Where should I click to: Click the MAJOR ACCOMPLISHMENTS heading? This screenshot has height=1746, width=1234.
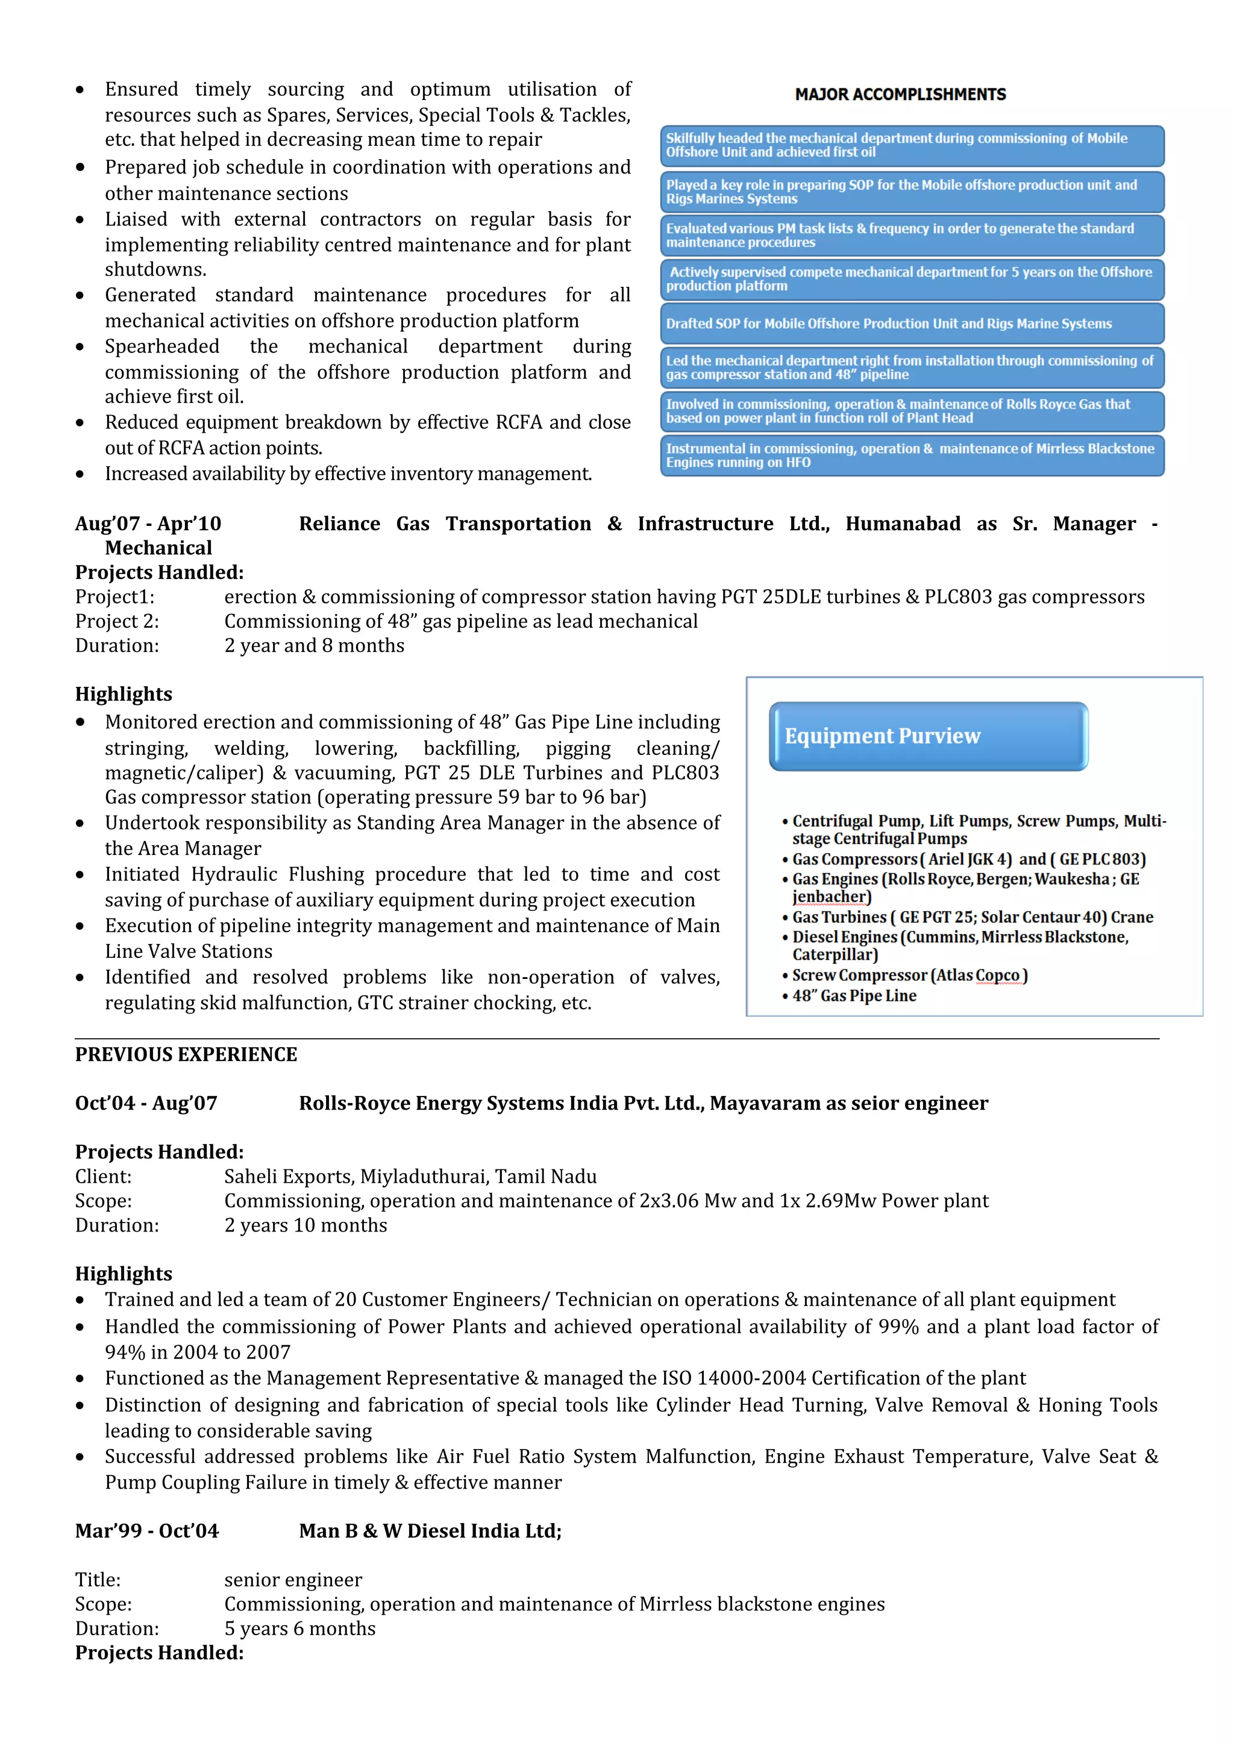[x=900, y=95]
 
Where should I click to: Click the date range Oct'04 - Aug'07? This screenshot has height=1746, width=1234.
[x=146, y=1103]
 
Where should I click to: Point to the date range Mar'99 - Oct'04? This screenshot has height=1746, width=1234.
[x=147, y=1530]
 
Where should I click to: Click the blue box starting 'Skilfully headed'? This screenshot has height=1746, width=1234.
[x=911, y=145]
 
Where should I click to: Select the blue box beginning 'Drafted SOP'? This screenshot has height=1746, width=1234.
[x=911, y=323]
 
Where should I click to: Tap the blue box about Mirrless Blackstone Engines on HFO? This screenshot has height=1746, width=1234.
[x=911, y=455]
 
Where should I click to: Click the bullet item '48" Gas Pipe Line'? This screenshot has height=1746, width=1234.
[x=854, y=995]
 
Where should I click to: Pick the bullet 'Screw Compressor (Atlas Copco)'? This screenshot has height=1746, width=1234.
[x=909, y=975]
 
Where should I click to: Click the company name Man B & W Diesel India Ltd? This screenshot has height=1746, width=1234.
[x=430, y=1530]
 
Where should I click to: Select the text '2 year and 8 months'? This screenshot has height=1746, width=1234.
[x=314, y=646]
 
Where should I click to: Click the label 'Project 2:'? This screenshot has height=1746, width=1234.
[x=117, y=621]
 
